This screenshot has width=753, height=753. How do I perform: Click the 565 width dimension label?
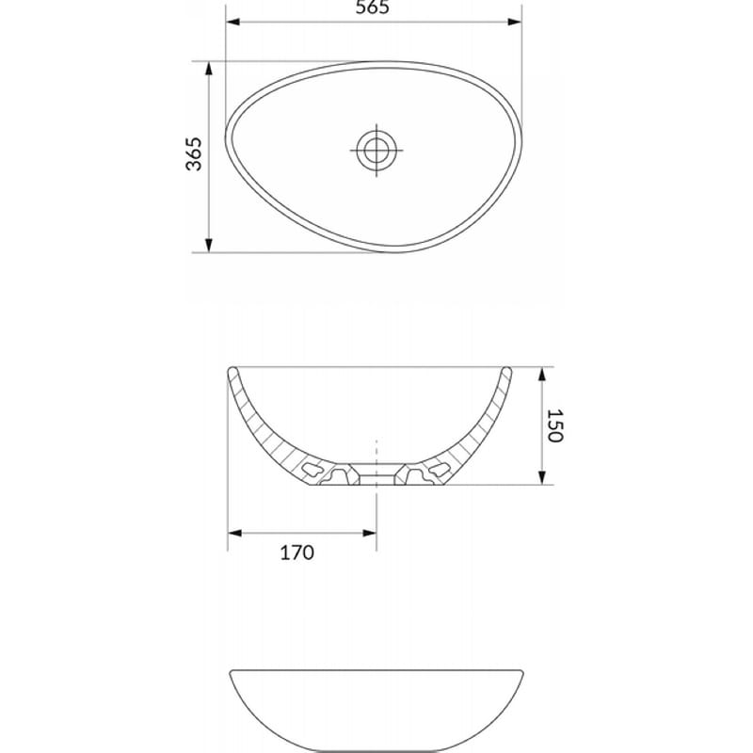(372, 8)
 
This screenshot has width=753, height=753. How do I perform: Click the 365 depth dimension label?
(194, 154)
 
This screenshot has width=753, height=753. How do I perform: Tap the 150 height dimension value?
(554, 425)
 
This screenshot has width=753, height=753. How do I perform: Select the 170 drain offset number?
(297, 553)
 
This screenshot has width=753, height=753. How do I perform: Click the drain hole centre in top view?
(376, 151)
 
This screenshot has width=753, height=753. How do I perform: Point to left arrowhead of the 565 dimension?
(232, 22)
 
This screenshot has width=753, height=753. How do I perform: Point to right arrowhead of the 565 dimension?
(514, 22)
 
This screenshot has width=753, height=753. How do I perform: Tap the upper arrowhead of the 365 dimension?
(208, 69)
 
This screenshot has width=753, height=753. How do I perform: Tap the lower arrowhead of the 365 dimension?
(208, 245)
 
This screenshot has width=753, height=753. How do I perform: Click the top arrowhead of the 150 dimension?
(542, 375)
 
